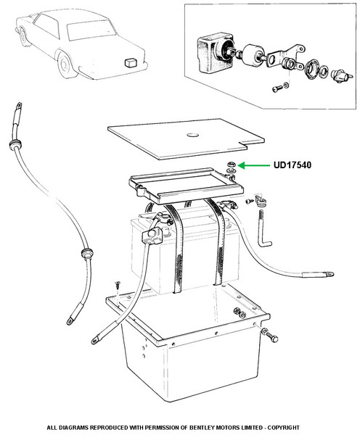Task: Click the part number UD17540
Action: pos(292,165)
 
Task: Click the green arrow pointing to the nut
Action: pos(253,165)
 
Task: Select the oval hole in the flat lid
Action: pos(192,135)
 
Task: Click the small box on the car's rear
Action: pos(131,62)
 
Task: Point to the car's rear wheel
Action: pos(65,65)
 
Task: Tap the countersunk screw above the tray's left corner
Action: pos(118,285)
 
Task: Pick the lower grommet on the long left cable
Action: pos(87,253)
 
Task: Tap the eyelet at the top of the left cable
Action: pos(19,106)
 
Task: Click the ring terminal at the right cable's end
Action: pos(330,274)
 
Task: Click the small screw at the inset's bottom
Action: pos(277,88)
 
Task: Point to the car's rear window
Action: pos(91,30)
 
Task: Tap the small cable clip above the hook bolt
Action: pos(261,201)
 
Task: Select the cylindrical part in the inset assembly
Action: pos(253,56)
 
